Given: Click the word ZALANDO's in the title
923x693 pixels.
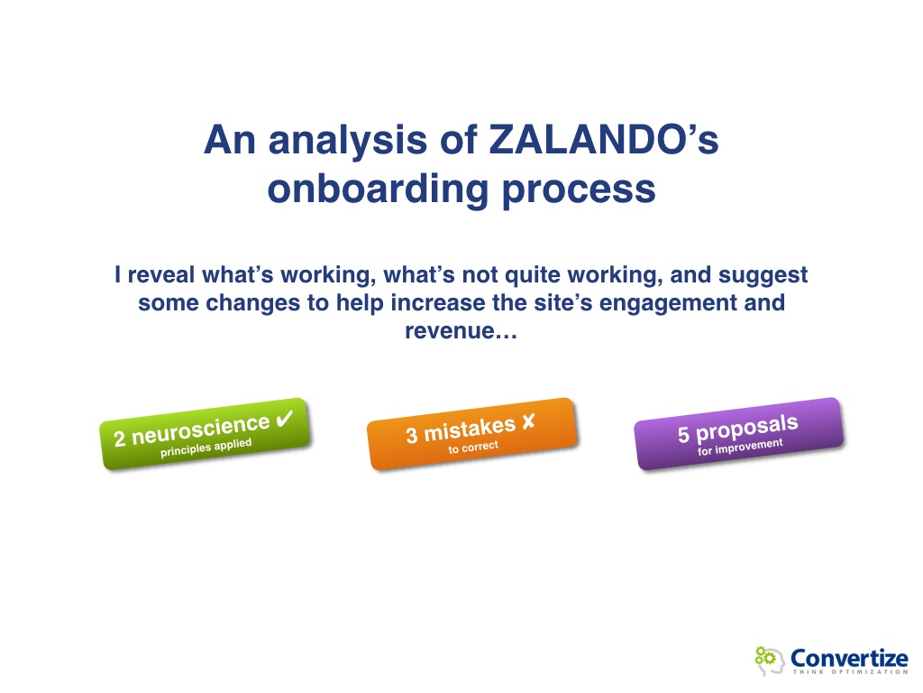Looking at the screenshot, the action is tap(604, 140).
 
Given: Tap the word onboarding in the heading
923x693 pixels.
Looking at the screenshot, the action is tap(378, 189).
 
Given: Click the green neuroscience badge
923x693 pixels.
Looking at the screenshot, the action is tap(206, 434).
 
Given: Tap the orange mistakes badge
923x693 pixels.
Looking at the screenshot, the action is tap(472, 434).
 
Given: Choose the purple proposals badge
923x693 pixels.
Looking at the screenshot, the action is tap(739, 434).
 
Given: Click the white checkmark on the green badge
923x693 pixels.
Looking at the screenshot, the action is tap(285, 419).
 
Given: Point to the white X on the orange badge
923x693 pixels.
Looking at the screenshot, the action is tap(528, 420).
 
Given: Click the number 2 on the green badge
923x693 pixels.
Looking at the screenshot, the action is tap(120, 439).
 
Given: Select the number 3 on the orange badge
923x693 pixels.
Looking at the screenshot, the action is tap(411, 436).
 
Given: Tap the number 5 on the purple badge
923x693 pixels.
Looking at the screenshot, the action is tap(683, 435).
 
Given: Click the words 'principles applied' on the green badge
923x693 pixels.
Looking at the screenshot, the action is tap(206, 448).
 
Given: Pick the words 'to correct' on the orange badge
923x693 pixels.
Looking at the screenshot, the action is tap(473, 448).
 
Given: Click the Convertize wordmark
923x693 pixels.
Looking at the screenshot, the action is tap(849, 658).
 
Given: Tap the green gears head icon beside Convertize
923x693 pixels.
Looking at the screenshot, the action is tap(770, 660).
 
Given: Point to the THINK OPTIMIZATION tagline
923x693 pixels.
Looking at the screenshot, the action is tap(850, 671).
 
